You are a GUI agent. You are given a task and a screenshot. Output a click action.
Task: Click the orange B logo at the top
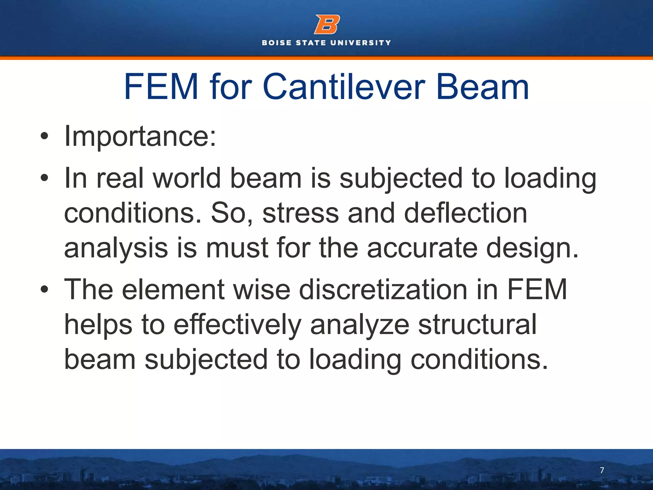(327, 24)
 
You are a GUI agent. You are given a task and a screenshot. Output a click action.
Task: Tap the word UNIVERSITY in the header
(361, 43)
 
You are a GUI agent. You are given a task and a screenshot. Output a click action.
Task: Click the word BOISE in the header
(277, 43)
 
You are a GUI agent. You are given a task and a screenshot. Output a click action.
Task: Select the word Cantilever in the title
(344, 87)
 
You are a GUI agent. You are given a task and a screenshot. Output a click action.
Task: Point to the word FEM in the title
(161, 87)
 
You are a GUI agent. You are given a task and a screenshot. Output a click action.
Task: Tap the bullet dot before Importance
(44, 137)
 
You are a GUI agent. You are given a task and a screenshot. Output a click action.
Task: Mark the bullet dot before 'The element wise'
(44, 289)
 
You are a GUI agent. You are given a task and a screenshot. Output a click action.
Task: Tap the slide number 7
(602, 470)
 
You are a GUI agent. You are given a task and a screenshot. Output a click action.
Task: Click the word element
(173, 290)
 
